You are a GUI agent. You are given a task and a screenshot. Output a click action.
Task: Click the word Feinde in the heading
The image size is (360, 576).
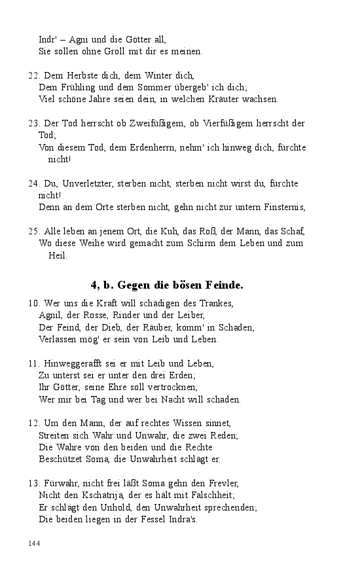coord(222,285)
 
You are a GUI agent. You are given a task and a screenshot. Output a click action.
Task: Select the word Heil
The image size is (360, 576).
coord(58,255)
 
